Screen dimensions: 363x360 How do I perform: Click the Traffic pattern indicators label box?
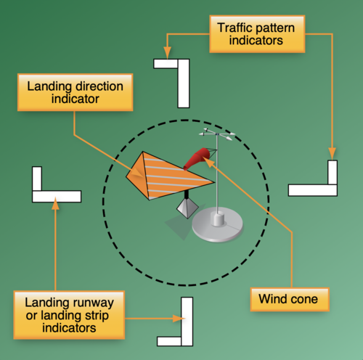click(x=257, y=34)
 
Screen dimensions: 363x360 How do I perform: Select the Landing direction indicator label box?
click(x=76, y=92)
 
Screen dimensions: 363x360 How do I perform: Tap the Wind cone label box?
click(x=290, y=299)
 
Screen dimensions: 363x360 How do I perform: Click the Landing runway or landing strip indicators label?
click(x=69, y=315)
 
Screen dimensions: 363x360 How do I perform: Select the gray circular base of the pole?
click(x=217, y=224)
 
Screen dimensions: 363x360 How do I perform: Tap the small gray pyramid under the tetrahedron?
click(x=187, y=208)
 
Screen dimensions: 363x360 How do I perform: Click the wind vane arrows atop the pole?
click(x=217, y=134)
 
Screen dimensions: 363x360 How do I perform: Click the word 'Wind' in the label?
click(x=272, y=299)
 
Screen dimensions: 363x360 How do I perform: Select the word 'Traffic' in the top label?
click(x=234, y=28)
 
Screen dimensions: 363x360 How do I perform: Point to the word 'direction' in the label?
click(x=99, y=86)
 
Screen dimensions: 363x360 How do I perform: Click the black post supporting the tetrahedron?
click(x=187, y=195)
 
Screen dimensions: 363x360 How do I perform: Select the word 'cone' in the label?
click(x=303, y=300)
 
